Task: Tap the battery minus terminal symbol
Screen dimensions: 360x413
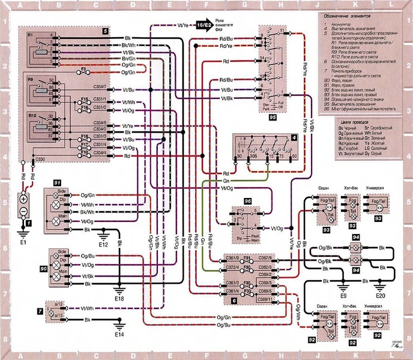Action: pyautogui.click(x=25, y=212)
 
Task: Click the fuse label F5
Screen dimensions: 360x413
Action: pyautogui.click(x=86, y=70)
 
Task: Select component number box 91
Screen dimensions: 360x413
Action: pyautogui.click(x=58, y=181)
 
